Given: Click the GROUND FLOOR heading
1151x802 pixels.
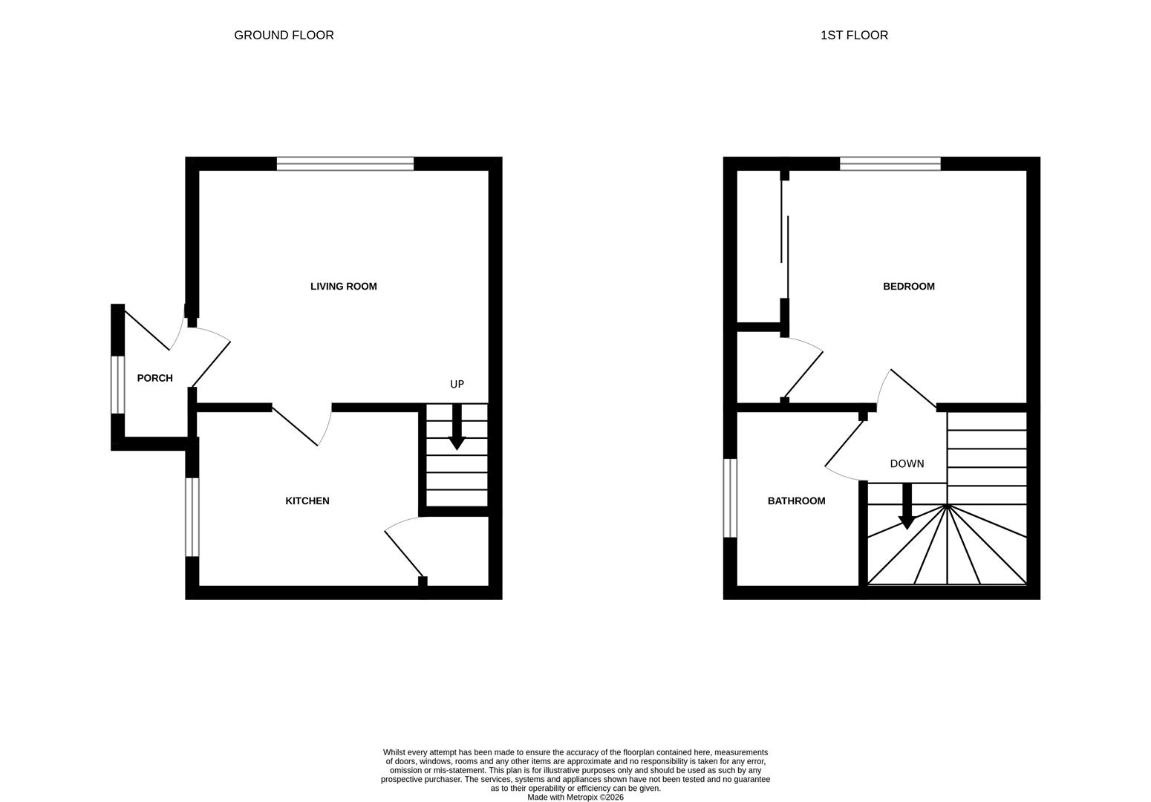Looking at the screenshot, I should [x=284, y=35].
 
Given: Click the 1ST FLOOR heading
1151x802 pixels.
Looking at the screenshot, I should [x=854, y=35].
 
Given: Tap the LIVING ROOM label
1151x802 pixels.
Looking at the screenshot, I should [x=343, y=287].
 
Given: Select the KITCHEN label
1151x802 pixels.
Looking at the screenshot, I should [x=307, y=501].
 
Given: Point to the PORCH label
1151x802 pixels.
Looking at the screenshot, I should [x=154, y=378].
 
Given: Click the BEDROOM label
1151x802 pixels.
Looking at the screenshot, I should [x=908, y=287].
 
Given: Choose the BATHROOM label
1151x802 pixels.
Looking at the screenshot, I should [x=796, y=501].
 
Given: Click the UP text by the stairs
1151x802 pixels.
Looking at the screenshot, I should [x=457, y=384].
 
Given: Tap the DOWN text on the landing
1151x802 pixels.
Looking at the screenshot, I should [x=907, y=463].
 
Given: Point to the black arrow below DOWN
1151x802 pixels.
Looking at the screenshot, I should [x=906, y=508].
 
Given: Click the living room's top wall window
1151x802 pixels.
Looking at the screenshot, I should [x=345, y=164].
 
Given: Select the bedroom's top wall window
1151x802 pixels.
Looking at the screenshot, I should [x=890, y=164].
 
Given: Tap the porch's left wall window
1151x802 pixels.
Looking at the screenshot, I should [x=117, y=384].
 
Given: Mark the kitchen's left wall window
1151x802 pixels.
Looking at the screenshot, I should [x=192, y=516].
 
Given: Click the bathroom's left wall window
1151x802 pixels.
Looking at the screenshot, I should [x=730, y=498].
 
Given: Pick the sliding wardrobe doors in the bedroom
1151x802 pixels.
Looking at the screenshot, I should [x=784, y=238].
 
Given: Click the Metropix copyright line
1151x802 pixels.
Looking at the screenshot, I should [x=575, y=798].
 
